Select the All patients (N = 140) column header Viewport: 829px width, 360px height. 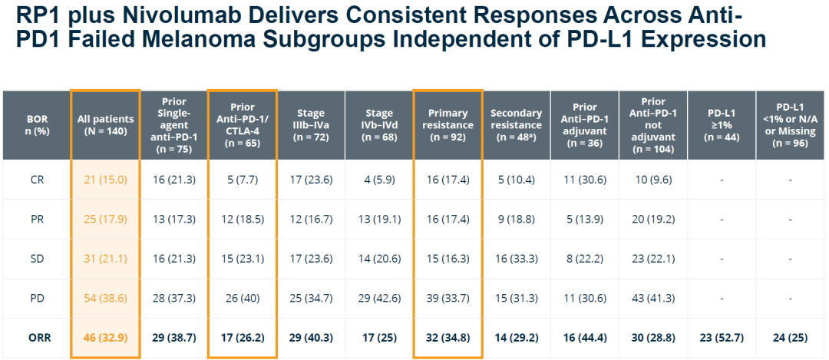click(x=105, y=124)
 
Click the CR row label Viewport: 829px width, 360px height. click(x=36, y=180)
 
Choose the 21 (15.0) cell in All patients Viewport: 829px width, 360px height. click(x=105, y=180)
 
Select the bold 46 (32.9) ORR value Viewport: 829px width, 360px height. click(x=105, y=335)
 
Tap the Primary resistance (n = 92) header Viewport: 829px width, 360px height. click(x=448, y=124)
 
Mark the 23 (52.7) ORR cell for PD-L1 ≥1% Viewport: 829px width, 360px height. click(x=722, y=335)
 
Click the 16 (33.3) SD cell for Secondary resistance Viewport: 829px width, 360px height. click(x=516, y=259)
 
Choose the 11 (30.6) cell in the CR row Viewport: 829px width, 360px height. click(x=585, y=180)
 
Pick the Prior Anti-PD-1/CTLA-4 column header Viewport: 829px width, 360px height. click(x=242, y=124)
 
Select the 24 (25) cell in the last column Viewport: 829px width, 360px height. click(x=790, y=335)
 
